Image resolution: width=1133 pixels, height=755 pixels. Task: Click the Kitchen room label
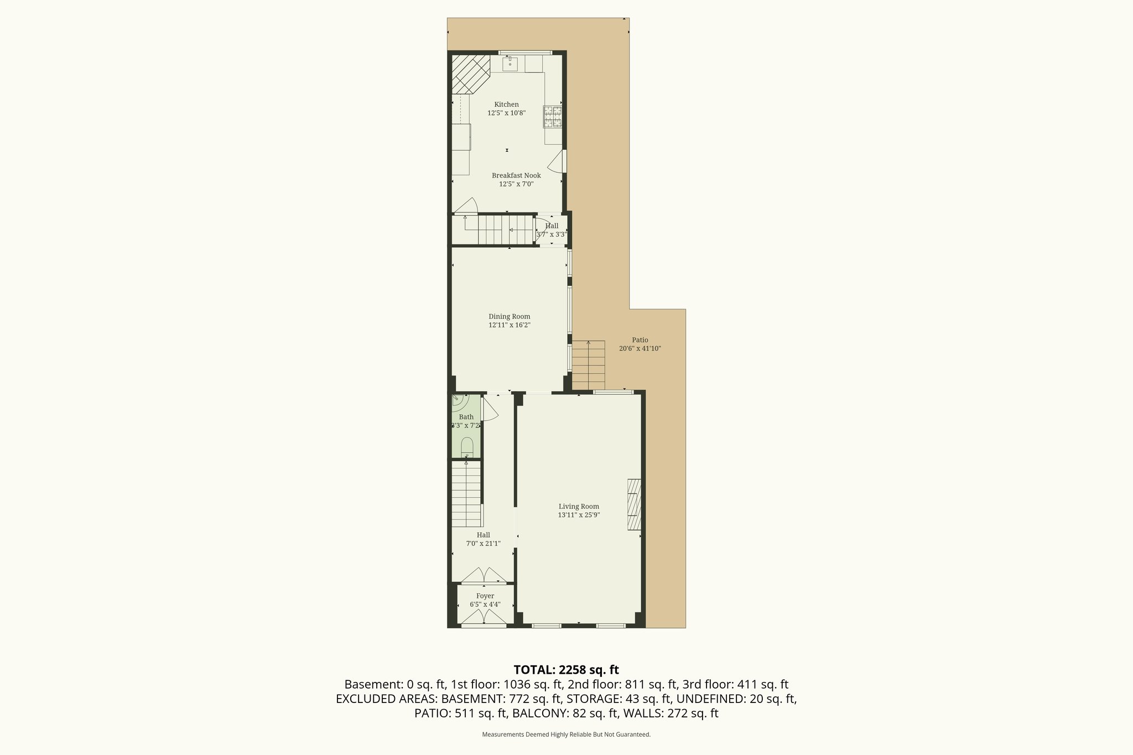click(506, 105)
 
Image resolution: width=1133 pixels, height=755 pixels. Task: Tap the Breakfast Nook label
click(516, 175)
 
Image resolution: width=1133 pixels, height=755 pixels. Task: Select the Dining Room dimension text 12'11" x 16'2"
click(509, 325)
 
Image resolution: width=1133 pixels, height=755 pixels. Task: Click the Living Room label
click(579, 506)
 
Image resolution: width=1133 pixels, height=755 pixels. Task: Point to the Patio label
click(640, 340)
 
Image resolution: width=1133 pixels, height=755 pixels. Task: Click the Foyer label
click(485, 596)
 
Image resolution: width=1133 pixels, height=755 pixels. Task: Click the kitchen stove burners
click(553, 116)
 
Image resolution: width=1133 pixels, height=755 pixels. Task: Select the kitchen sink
click(510, 64)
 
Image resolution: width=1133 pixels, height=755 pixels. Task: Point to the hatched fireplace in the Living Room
click(634, 504)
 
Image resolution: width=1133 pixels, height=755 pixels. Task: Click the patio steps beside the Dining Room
click(588, 365)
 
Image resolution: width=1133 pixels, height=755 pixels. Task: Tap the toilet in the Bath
click(467, 446)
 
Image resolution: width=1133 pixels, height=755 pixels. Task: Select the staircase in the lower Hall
click(466, 494)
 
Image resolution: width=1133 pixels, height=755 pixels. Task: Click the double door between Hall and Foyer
click(484, 576)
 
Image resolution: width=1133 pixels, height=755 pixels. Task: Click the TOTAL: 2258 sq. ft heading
click(566, 670)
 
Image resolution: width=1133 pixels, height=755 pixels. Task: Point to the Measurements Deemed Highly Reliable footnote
click(566, 735)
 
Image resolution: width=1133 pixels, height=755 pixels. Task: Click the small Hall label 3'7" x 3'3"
click(551, 230)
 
